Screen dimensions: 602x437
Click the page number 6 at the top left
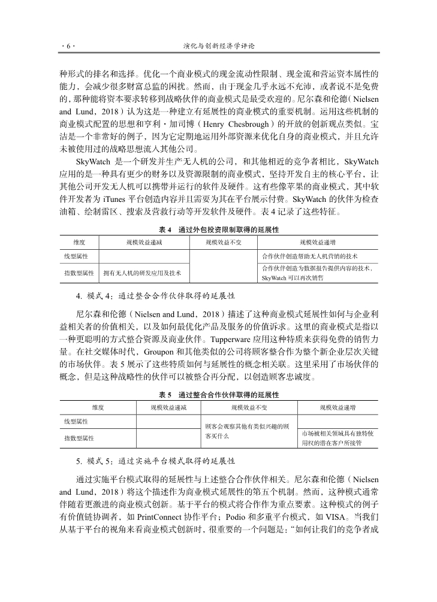(x=68, y=46)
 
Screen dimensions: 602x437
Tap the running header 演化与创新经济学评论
(x=219, y=46)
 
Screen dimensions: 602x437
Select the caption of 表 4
(x=219, y=230)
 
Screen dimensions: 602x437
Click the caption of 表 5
(x=219, y=395)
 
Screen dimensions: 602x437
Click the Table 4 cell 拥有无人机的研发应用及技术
(x=142, y=273)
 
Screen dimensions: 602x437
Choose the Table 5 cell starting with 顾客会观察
(x=247, y=431)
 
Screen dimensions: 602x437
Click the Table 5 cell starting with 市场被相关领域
(x=337, y=438)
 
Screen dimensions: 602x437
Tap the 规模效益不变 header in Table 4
(x=222, y=242)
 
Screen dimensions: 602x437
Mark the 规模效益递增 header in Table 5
(x=337, y=407)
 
